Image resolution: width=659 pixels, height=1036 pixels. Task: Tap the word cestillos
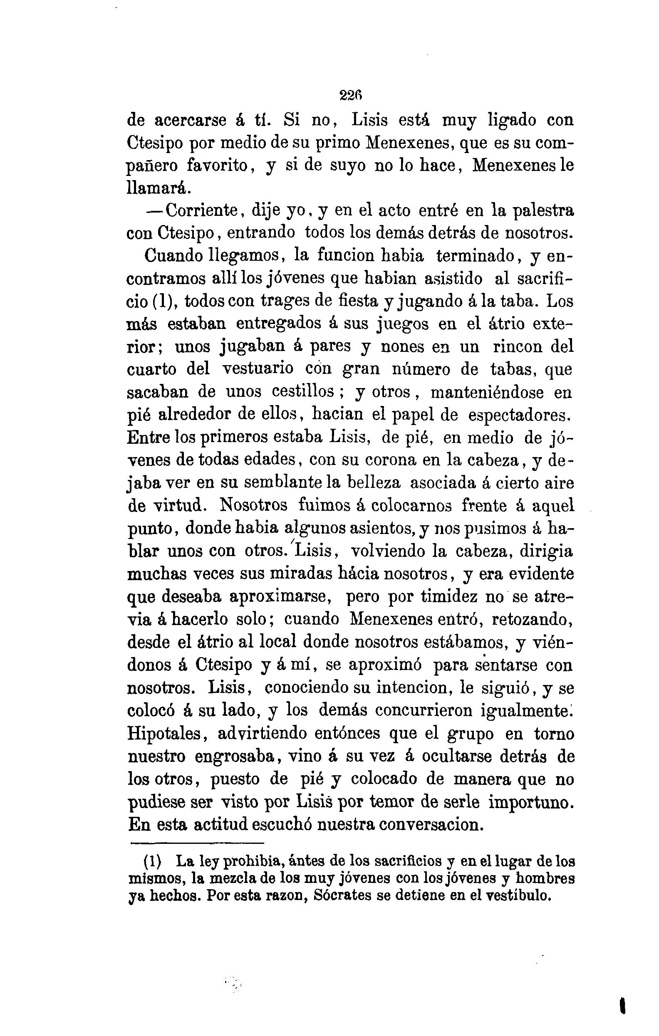[304, 392]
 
